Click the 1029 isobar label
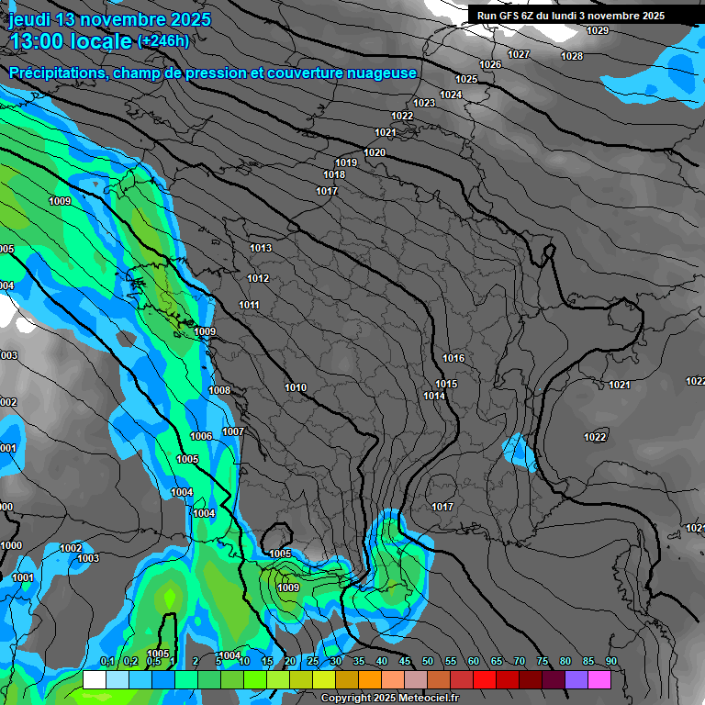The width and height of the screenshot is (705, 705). [x=597, y=30]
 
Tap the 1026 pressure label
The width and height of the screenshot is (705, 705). [x=490, y=64]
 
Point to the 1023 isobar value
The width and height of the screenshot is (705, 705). [x=424, y=103]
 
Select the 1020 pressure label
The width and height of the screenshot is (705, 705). [x=375, y=152]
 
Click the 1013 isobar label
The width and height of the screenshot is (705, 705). [x=261, y=248]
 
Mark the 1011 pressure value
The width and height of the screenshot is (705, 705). [x=249, y=305]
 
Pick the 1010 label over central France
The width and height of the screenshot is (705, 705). [x=296, y=387]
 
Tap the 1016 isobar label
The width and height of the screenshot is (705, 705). [x=453, y=358]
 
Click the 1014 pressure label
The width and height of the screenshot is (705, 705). [x=434, y=396]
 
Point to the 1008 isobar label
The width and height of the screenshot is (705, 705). [x=219, y=390]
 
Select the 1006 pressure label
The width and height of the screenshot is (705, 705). [x=201, y=436]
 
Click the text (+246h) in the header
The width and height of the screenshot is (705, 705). [x=163, y=40]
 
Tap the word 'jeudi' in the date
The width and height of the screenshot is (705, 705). [x=28, y=19]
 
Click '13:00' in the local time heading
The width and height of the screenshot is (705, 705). [x=37, y=41]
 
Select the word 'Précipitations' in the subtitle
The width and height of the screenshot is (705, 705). [x=55, y=73]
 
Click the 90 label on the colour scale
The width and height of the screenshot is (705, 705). [x=610, y=662]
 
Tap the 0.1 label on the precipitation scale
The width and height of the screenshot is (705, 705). [x=106, y=662]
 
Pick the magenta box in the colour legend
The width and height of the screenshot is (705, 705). [x=599, y=679]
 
